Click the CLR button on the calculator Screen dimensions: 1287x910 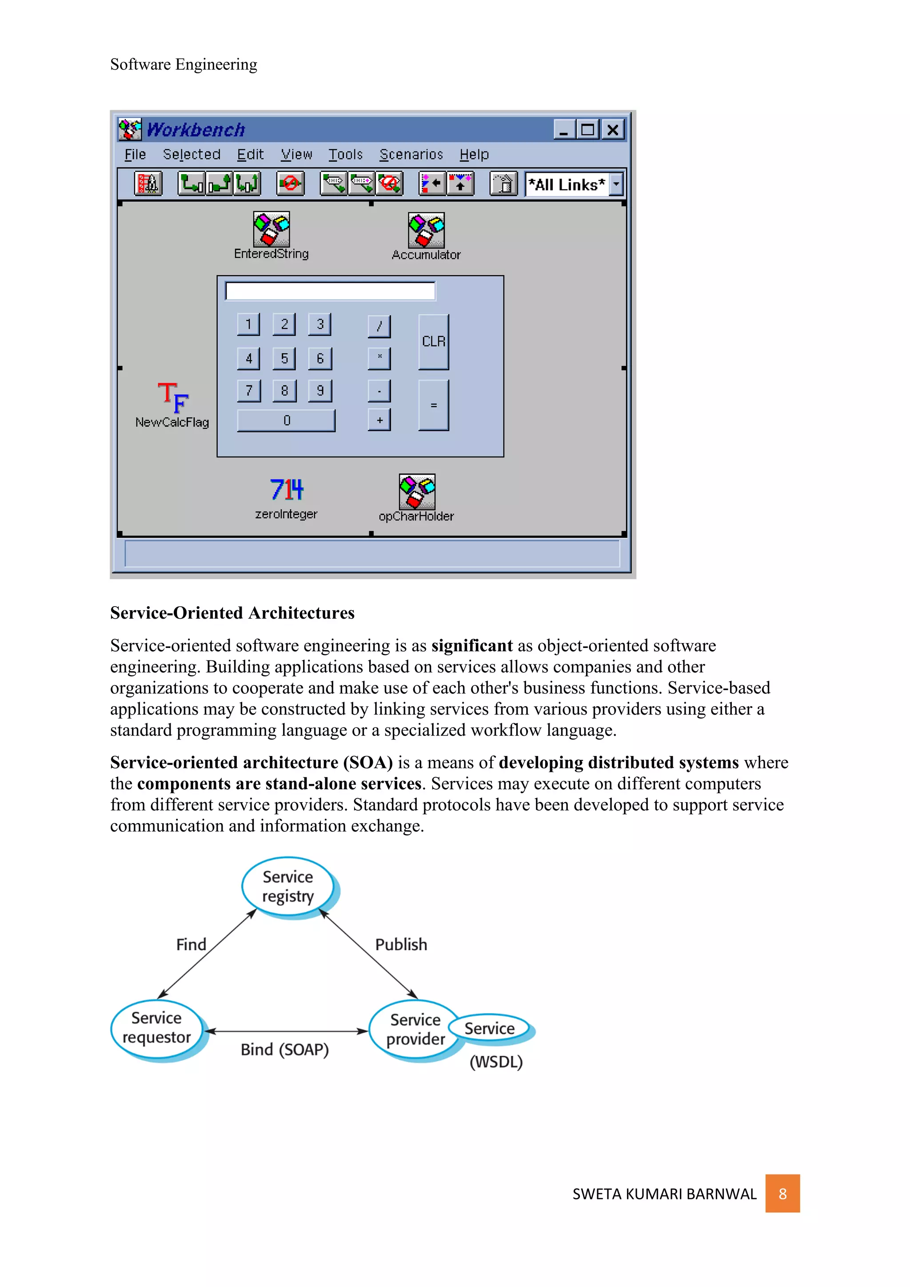point(433,341)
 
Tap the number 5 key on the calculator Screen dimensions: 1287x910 point(284,358)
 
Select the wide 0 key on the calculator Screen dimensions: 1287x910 point(286,420)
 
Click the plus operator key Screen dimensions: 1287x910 point(379,420)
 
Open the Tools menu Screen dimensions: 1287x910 point(345,155)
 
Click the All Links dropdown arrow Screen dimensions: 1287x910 point(616,184)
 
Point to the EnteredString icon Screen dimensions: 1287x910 point(271,229)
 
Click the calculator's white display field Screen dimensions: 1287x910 point(330,291)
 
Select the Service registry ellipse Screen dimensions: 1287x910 point(288,887)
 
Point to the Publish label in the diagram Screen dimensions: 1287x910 point(401,944)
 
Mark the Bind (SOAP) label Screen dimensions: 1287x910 point(285,1049)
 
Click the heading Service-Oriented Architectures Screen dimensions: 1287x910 point(232,613)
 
